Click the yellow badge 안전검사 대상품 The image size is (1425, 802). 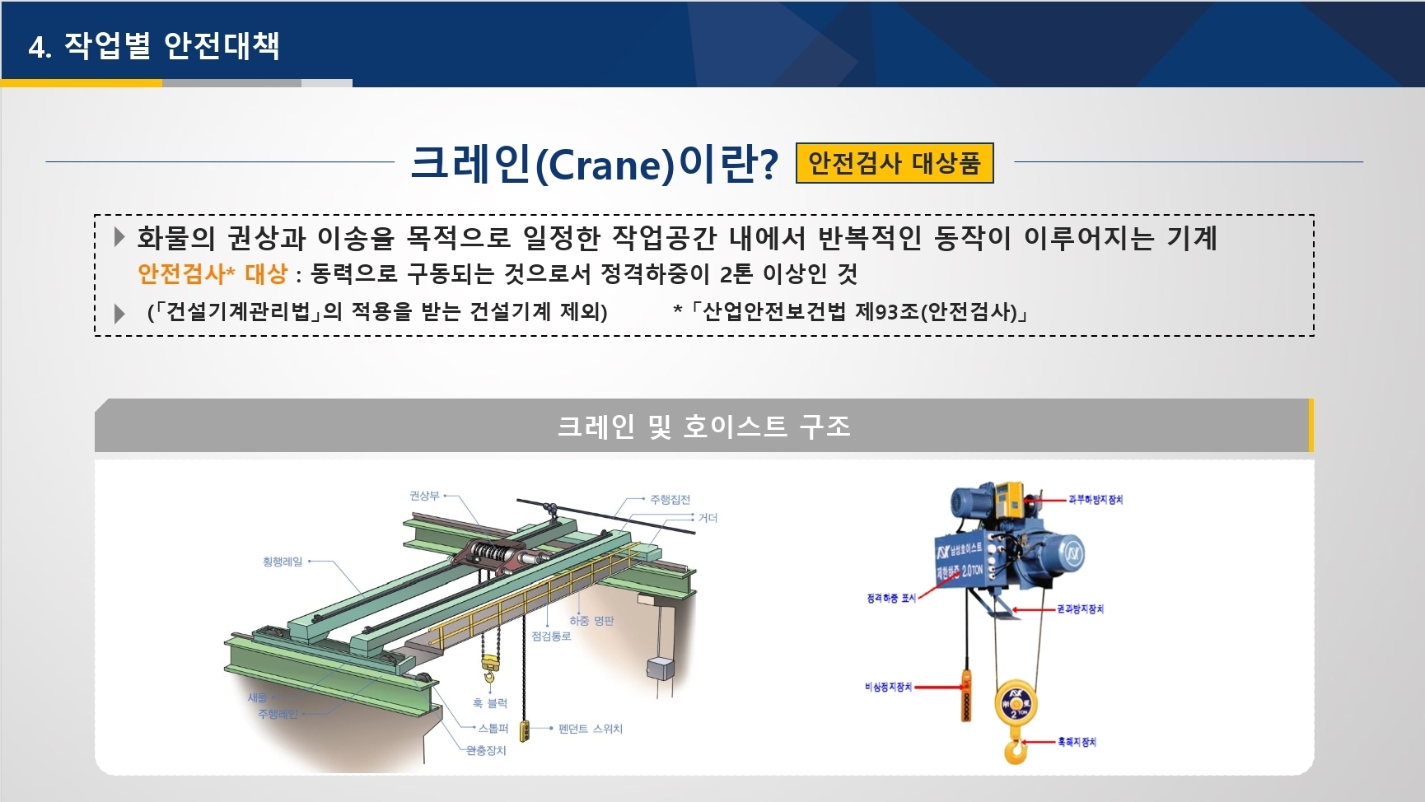895,163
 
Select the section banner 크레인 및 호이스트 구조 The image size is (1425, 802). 703,426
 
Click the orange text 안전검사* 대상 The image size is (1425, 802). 212,273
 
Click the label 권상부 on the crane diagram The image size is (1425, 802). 424,496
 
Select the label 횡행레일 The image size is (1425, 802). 283,562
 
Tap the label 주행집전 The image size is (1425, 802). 670,500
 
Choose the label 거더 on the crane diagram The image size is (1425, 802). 708,518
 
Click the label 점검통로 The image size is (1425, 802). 551,636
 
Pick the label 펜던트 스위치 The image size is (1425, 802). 590,729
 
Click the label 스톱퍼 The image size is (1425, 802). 493,729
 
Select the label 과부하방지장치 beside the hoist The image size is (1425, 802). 1096,500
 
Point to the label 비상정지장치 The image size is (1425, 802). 888,687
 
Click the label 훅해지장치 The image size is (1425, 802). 1077,742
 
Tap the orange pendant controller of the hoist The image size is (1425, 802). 966,697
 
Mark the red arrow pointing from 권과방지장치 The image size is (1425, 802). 1034,610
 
